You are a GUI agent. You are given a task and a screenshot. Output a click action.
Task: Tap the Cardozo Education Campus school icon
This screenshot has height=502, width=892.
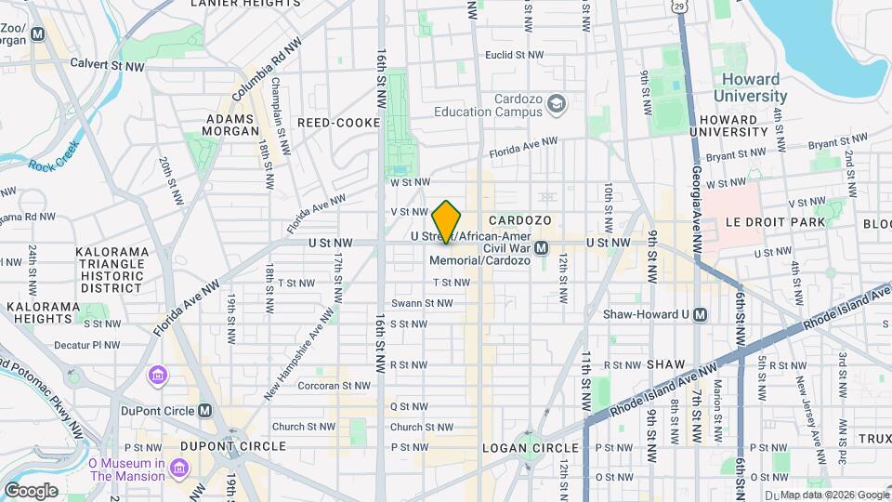click(x=557, y=103)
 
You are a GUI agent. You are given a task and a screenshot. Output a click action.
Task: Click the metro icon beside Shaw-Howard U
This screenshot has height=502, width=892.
click(x=701, y=314)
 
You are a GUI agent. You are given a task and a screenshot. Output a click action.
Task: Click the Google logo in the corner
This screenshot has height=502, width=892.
click(x=31, y=490)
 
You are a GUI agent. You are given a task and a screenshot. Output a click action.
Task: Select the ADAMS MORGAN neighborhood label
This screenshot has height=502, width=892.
click(x=231, y=125)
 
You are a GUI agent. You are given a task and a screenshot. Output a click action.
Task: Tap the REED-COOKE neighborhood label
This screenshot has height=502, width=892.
click(x=338, y=123)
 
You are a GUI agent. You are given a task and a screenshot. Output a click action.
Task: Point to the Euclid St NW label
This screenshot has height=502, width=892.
click(x=514, y=55)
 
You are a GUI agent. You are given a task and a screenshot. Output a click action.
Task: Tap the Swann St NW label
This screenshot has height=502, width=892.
click(x=422, y=303)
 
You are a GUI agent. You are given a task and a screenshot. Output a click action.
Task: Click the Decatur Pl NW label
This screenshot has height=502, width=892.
click(x=86, y=344)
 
